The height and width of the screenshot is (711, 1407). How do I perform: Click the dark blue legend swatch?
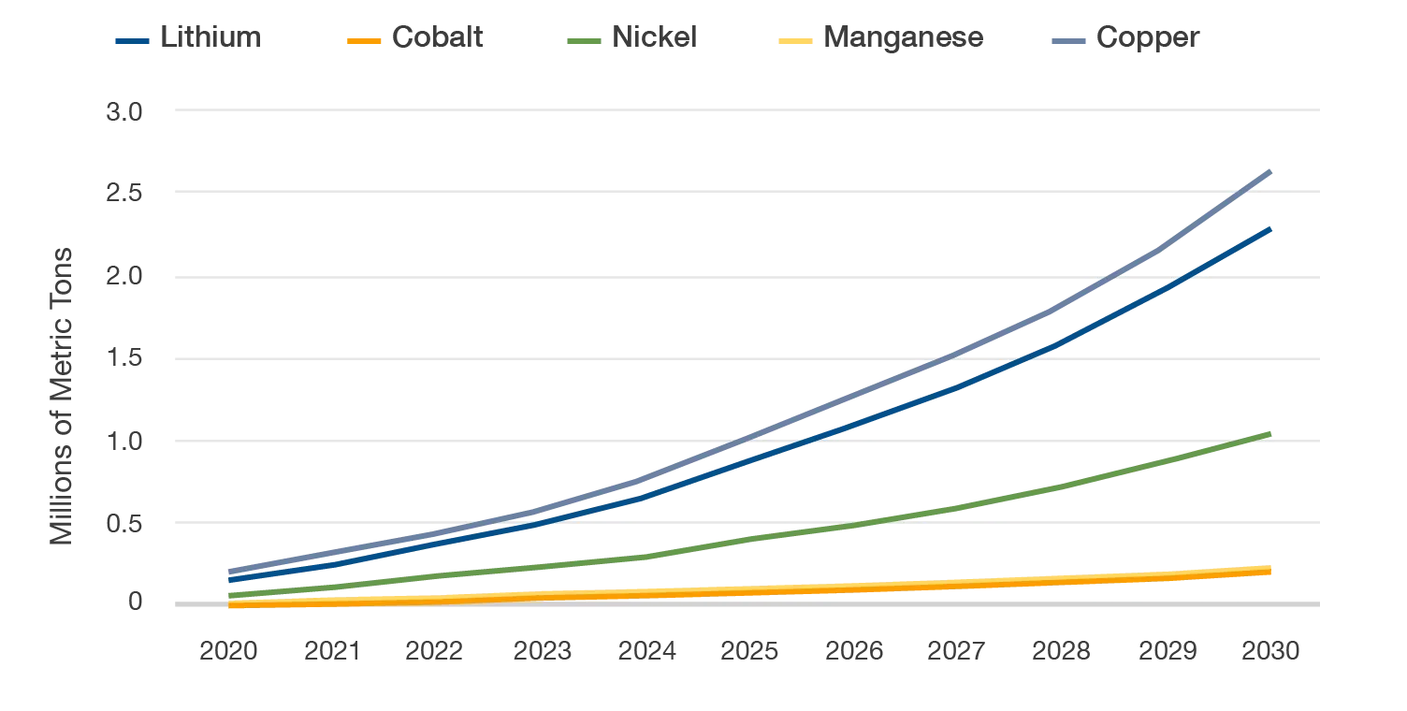(131, 41)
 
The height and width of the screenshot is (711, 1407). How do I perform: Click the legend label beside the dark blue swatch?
(209, 40)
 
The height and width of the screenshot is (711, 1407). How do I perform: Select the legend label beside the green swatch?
(655, 40)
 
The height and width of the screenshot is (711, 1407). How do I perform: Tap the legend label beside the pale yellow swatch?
(904, 40)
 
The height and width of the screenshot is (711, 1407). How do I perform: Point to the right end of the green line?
(1270, 434)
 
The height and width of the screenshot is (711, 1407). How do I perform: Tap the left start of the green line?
(227, 595)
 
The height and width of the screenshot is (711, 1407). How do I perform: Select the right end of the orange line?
(1270, 572)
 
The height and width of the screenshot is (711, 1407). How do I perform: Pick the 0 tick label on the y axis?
(134, 604)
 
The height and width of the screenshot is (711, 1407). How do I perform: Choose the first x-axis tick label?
(226, 651)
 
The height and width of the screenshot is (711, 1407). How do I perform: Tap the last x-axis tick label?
(1271, 651)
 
